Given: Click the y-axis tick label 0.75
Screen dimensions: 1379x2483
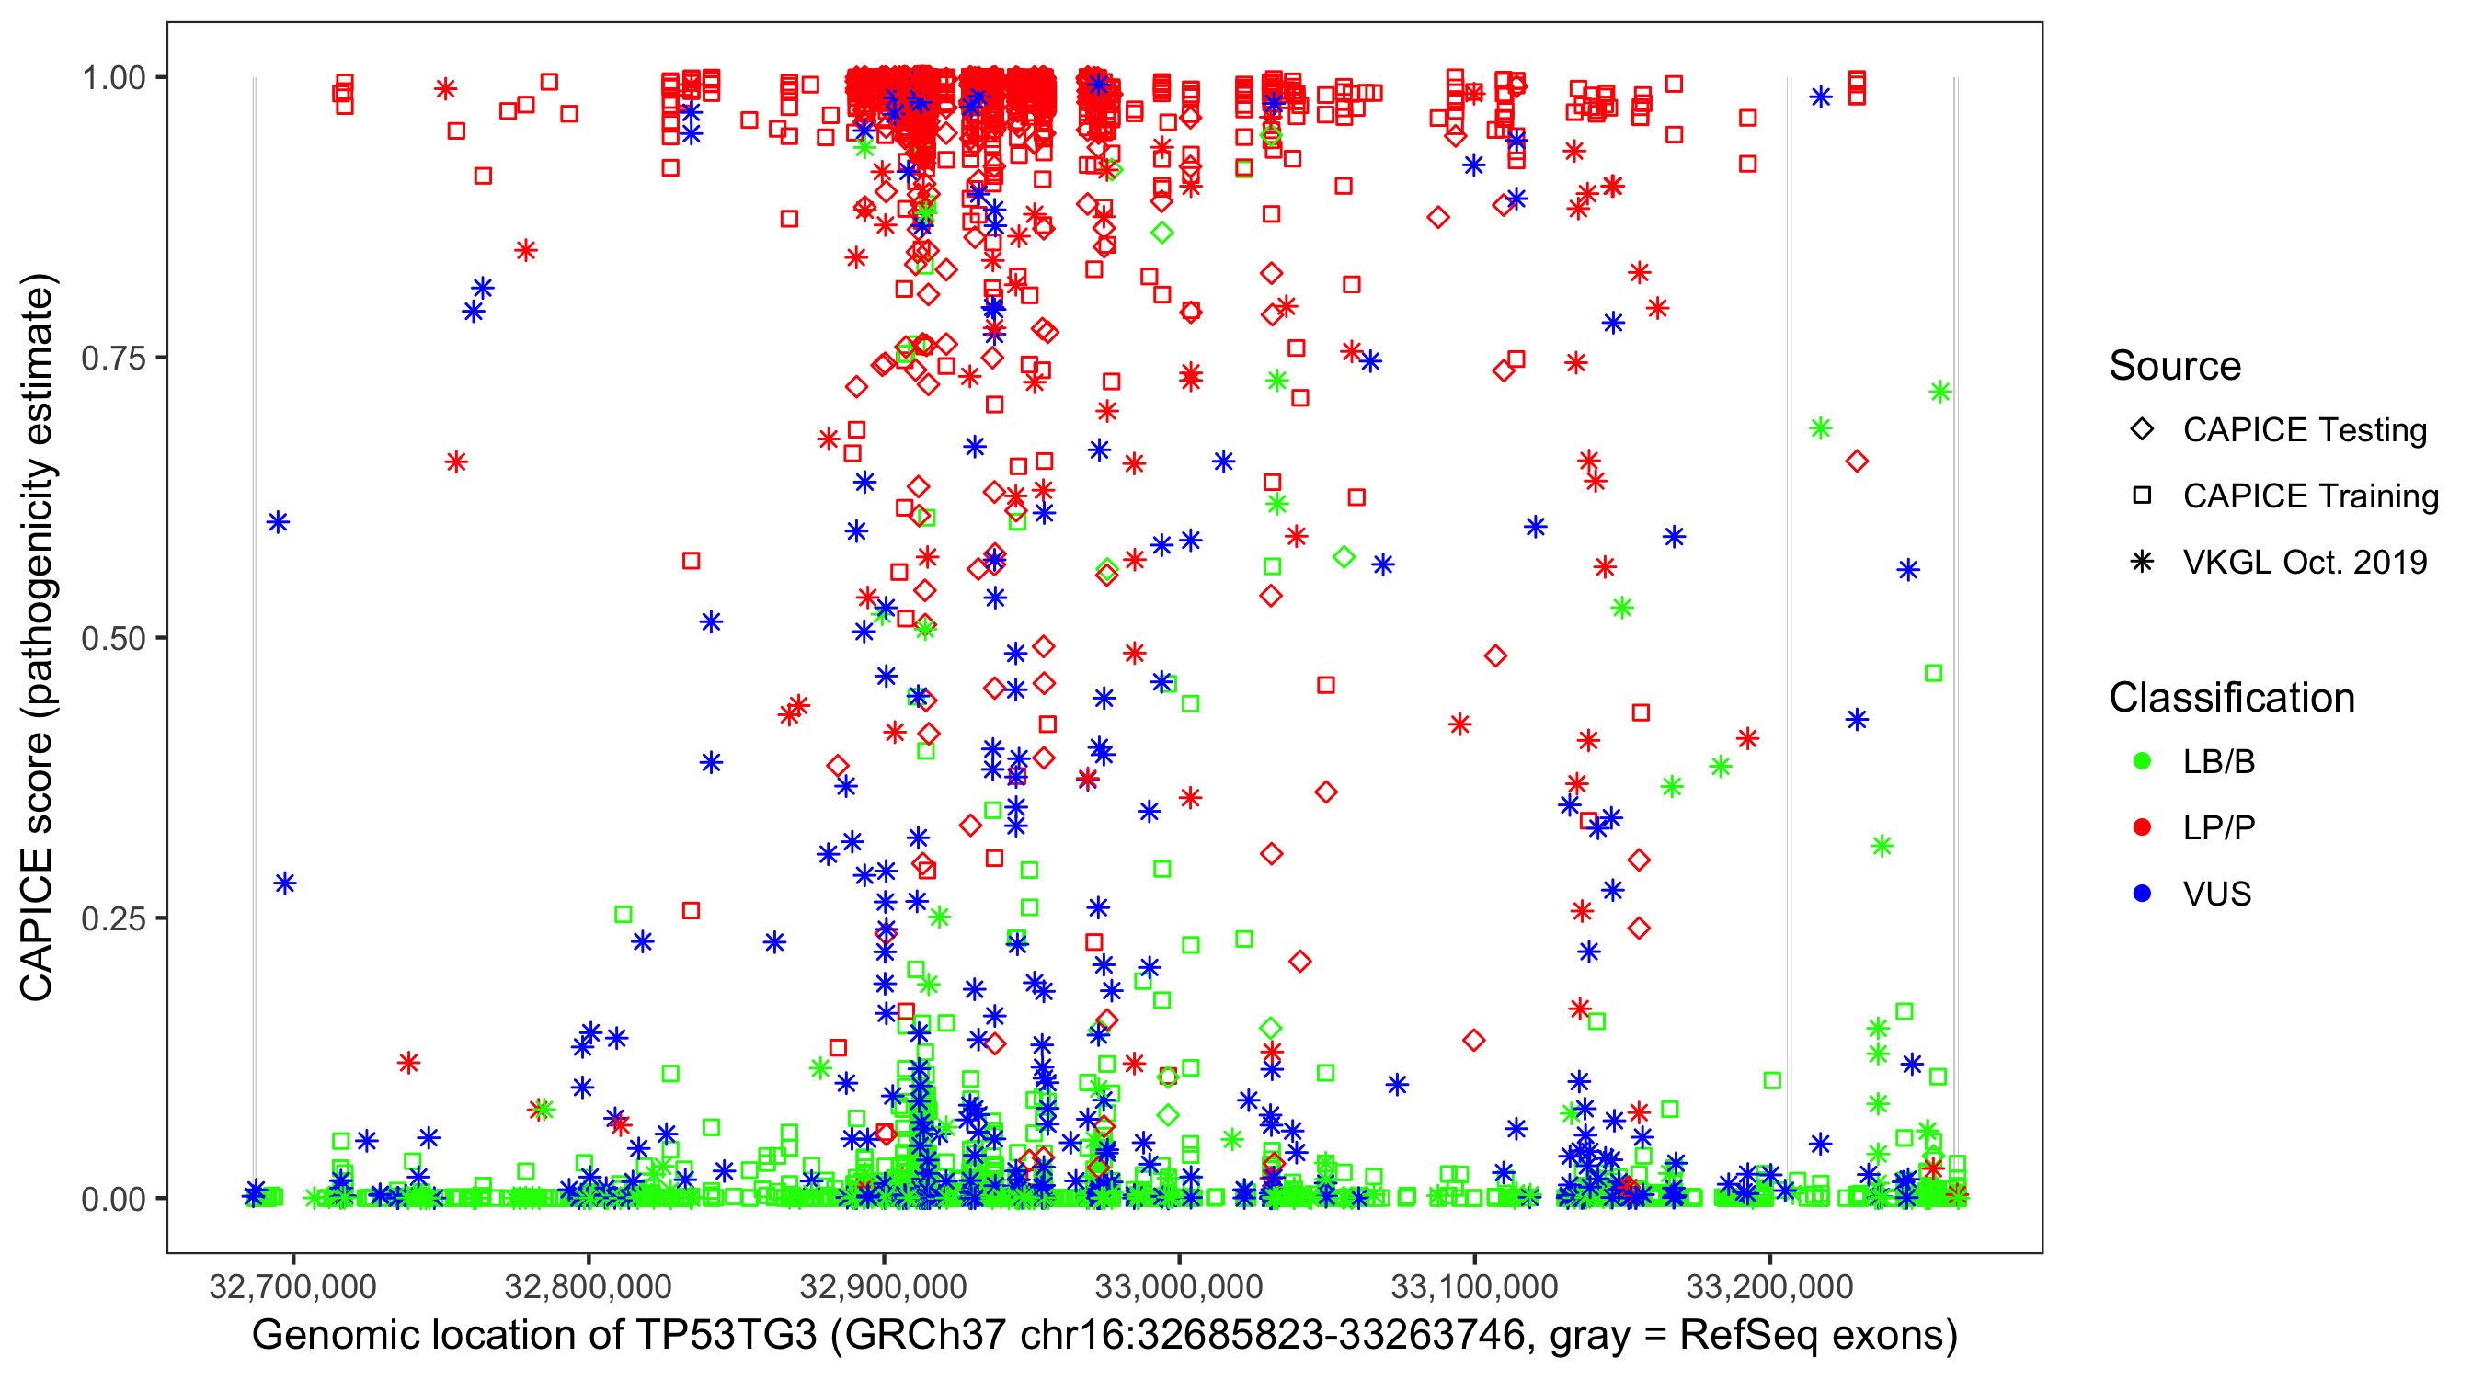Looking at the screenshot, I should (x=112, y=359).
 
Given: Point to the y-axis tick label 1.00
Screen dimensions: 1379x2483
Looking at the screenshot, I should (x=112, y=78).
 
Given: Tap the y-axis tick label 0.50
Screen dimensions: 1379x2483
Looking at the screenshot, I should (x=112, y=639).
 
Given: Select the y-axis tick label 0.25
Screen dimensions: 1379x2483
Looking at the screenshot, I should (x=112, y=918).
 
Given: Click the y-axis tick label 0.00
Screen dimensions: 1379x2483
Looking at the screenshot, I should (x=112, y=1199).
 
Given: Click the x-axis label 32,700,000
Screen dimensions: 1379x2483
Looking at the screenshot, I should (x=292, y=1285).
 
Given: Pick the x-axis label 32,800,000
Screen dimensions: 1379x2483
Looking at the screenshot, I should (x=588, y=1285).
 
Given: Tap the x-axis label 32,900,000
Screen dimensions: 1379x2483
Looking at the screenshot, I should (x=883, y=1285).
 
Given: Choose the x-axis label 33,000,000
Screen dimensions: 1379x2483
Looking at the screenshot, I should (x=1179, y=1285).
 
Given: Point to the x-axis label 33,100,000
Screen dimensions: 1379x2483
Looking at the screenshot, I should (x=1474, y=1285).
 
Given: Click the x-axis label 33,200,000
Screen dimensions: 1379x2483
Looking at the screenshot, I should (x=1769, y=1285).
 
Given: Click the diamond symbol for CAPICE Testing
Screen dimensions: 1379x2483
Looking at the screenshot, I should (x=2142, y=430).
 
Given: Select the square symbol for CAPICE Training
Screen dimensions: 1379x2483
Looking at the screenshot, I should (x=2142, y=496).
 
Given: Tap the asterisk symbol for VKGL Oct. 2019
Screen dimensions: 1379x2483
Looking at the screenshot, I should (x=2142, y=562).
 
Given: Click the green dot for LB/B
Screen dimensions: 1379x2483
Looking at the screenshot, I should (x=2142, y=761).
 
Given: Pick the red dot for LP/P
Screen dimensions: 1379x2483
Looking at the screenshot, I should (x=2142, y=827).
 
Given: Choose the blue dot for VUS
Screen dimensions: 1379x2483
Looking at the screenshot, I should (x=2142, y=894).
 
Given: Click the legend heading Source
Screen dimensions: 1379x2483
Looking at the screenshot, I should (x=2175, y=366).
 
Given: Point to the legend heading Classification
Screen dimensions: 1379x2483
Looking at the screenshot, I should (x=2231, y=698).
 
